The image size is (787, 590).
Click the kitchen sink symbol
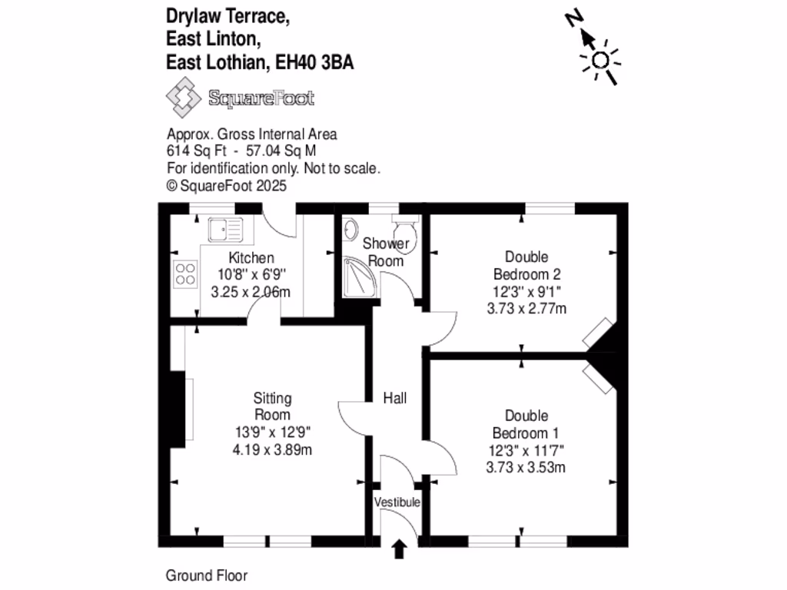224,228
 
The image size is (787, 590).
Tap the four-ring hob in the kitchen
185,273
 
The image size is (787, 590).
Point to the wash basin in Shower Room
350,228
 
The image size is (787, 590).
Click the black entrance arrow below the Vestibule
399,549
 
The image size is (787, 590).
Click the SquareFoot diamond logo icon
184,98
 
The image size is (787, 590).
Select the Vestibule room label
397,502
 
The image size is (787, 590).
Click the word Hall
395,398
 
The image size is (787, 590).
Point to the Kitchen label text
251,258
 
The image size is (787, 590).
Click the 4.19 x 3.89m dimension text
272,450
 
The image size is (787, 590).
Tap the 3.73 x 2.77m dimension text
526,309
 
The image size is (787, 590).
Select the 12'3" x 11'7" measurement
526,450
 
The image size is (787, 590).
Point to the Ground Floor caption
207,575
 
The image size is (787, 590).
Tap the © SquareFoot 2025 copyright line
227,185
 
